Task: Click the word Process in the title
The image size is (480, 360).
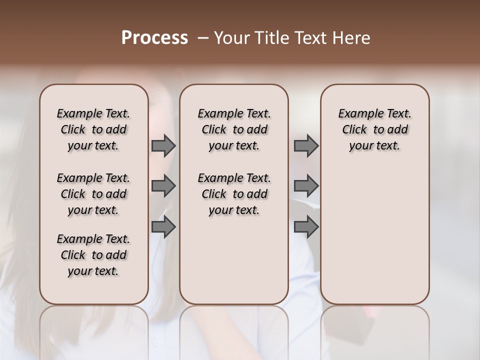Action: [x=154, y=38]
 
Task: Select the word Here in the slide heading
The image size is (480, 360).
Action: [x=350, y=38]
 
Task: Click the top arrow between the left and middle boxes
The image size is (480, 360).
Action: [x=163, y=146]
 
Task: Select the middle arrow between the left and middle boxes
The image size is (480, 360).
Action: [x=163, y=186]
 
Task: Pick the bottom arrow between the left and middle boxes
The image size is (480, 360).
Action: [x=163, y=227]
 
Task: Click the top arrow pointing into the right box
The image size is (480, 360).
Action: [x=306, y=146]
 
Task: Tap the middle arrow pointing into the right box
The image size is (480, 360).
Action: [x=306, y=186]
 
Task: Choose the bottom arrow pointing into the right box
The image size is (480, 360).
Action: [x=306, y=227]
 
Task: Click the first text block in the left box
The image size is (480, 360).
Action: [x=93, y=129]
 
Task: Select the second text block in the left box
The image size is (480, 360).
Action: [x=93, y=194]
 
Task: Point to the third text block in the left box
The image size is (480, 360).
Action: [x=93, y=255]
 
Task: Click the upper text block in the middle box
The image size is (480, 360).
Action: [x=234, y=129]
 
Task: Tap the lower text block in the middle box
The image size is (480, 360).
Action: [x=234, y=194]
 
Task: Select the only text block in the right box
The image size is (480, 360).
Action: [x=375, y=129]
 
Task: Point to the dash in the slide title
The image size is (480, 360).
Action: [x=203, y=38]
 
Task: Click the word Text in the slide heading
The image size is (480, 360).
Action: [x=310, y=38]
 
